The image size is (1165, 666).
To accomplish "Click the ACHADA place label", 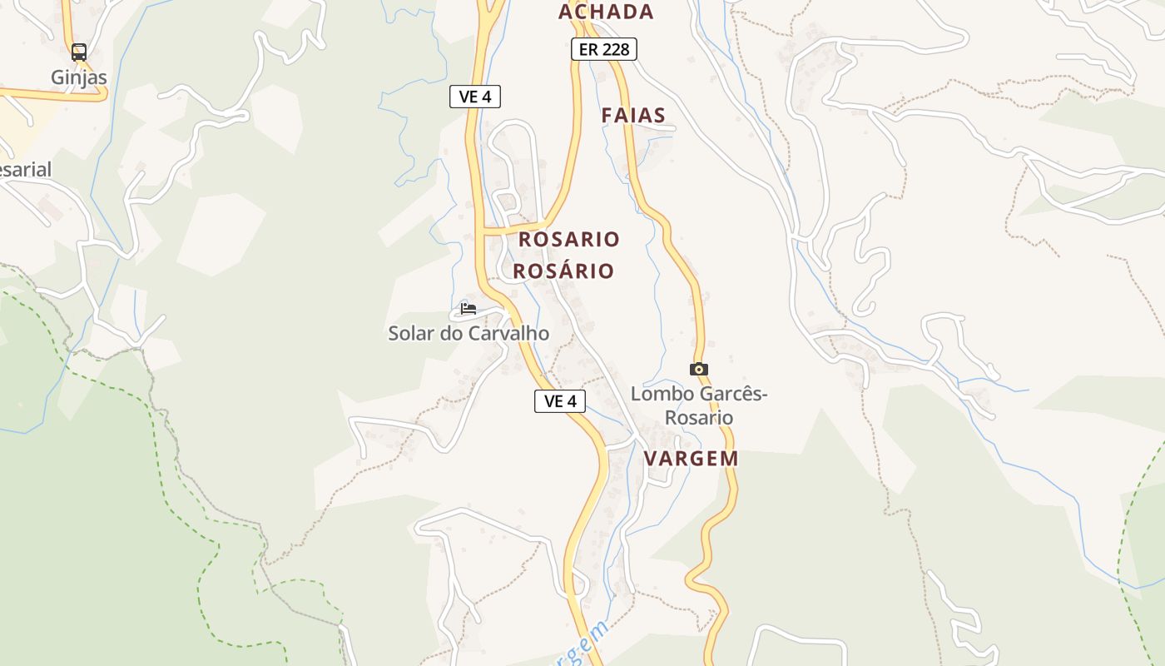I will coord(606,12).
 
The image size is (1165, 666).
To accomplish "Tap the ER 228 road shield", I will coord(604,50).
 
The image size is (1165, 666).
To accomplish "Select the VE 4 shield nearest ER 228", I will coord(475,97).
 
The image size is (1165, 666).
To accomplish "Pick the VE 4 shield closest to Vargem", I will coord(560,401).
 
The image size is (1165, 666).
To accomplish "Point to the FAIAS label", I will coord(634,116).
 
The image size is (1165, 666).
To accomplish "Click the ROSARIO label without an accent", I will coord(569,240).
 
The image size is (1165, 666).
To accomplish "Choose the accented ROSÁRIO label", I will coord(563,271).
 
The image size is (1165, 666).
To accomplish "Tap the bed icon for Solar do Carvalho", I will coord(468,309).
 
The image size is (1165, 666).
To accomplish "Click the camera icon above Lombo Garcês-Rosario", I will coord(698,369).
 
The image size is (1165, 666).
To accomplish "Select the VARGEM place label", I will coord(692,459).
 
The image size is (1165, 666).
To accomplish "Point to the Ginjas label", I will coord(79,77).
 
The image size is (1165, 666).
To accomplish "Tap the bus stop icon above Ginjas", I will coord(79,52).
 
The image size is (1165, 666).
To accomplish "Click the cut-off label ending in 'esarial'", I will coord(25,170).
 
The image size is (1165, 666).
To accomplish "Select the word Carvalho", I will coord(508,334).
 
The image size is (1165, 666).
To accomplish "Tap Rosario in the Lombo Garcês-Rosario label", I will coord(699,417).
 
